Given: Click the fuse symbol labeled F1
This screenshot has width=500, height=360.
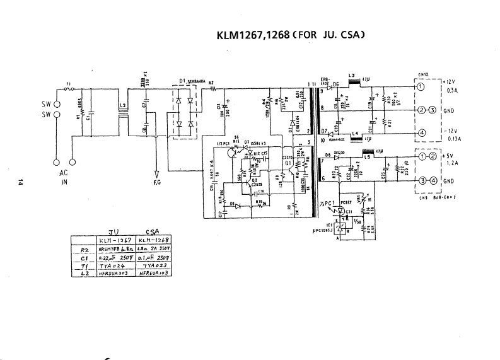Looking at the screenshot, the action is pos(70,88).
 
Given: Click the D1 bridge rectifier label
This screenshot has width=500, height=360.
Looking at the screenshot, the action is pos(182,82).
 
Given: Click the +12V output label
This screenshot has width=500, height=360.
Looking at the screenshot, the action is pos(449,82).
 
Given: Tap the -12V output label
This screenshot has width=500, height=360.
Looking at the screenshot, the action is pos(450,131).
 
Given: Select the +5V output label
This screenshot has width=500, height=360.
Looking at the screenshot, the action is pos(449,155).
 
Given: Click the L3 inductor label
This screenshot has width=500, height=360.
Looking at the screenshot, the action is pos(352,76).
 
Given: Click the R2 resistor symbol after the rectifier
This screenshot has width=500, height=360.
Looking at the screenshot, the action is pos(212,88).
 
